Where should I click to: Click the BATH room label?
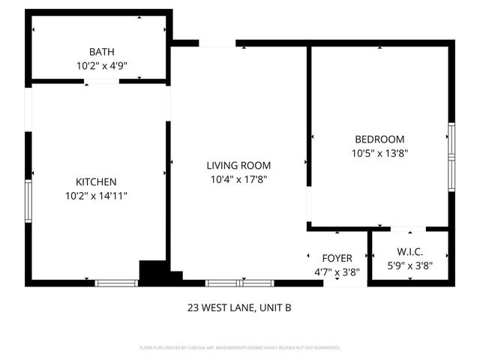pyautogui.click(x=101, y=52)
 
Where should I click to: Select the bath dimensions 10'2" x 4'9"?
pyautogui.click(x=101, y=65)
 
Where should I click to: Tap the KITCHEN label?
pyautogui.click(x=96, y=181)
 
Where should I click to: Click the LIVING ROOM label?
pyautogui.click(x=239, y=166)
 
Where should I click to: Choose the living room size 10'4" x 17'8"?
pyautogui.click(x=239, y=179)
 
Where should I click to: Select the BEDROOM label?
pyautogui.click(x=379, y=139)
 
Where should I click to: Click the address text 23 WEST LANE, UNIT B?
pyautogui.click(x=239, y=307)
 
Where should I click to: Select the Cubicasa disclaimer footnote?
pyautogui.click(x=239, y=348)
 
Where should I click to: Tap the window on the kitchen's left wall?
pyautogui.click(x=28, y=200)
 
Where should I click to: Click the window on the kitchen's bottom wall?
pyautogui.click(x=117, y=283)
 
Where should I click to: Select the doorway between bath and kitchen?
pyautogui.click(x=101, y=80)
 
